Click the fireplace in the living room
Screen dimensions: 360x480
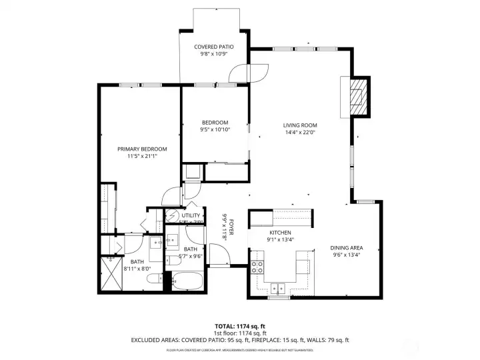coord(359,97)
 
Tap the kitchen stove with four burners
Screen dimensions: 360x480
coord(258,267)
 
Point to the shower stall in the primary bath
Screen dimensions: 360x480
coord(111,274)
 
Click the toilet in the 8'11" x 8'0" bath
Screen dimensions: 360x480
coord(151,279)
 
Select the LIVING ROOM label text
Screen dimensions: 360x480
coord(299,125)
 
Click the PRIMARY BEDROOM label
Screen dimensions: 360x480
coord(142,149)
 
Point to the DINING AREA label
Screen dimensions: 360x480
coord(345,247)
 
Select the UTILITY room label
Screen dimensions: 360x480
coord(191,215)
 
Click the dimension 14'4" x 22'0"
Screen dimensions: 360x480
coord(299,133)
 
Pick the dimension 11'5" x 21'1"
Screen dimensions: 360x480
coord(142,156)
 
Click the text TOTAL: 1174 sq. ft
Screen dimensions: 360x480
coord(239,326)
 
